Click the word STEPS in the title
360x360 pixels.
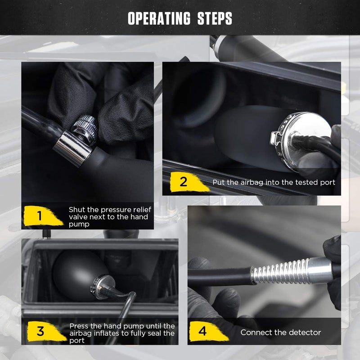(x=215, y=19)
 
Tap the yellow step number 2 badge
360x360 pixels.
(x=183, y=182)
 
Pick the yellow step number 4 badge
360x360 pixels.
(x=202, y=332)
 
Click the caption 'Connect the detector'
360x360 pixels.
(x=280, y=333)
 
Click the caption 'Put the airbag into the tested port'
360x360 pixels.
(x=274, y=183)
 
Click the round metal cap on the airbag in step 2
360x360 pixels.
(x=292, y=135)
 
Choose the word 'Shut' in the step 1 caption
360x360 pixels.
(x=76, y=209)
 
